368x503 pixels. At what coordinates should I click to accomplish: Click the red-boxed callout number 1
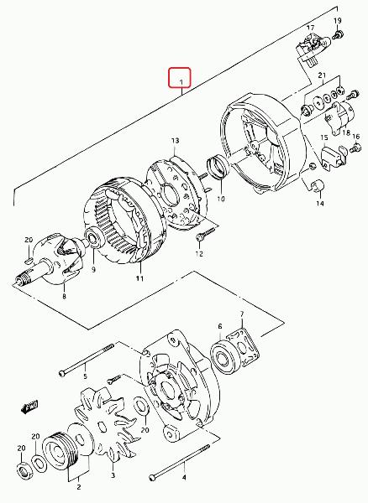pos(181,82)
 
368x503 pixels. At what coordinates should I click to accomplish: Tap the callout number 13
pos(175,141)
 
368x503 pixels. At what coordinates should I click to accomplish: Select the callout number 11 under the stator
pos(139,278)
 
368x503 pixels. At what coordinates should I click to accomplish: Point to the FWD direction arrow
pos(29,406)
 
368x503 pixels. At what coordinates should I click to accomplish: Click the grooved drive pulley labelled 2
pos(60,453)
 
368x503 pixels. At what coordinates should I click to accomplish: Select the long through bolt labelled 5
pos(87,360)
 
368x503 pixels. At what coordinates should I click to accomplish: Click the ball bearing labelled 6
pos(223,358)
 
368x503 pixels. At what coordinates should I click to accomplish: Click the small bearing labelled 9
pos(94,236)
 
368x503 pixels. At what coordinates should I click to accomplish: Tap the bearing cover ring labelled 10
pos(218,165)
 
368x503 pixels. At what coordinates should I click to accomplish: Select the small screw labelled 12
pos(206,233)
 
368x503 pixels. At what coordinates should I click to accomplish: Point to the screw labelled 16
pos(355,148)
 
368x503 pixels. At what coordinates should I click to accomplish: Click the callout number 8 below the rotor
pos(65,296)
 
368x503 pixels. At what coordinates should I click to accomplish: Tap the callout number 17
pos(310,28)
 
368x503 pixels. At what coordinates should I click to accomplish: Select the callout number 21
pos(322,75)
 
